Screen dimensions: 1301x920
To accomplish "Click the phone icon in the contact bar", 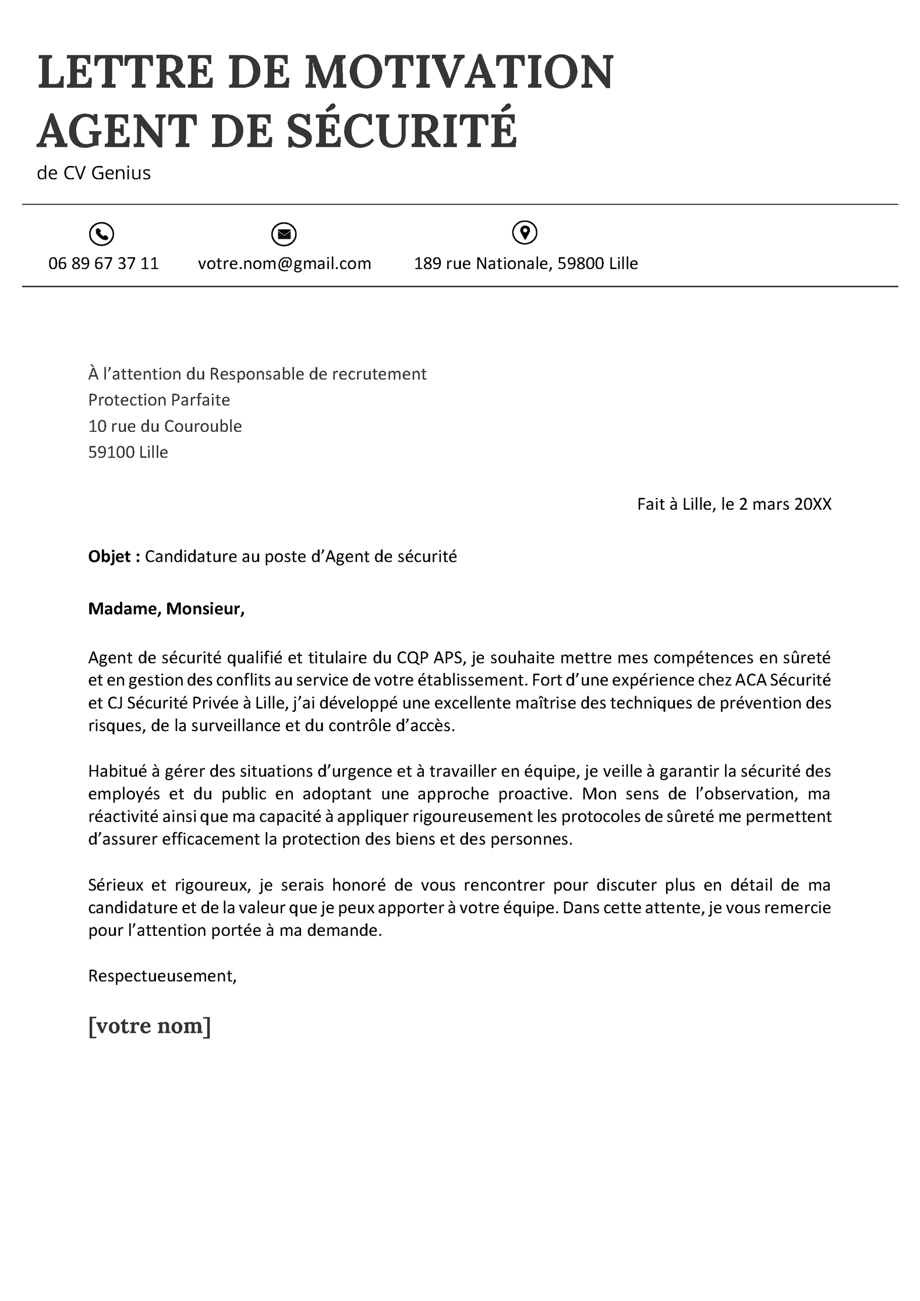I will (101, 234).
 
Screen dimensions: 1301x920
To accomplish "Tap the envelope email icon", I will (284, 234).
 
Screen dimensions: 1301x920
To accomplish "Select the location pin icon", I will (525, 233).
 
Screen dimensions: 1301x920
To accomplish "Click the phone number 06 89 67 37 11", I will (104, 264).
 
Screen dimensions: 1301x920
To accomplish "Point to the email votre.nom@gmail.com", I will (284, 264).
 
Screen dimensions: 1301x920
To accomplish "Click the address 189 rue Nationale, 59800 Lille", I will (526, 264).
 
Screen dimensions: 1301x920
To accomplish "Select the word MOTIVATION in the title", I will (459, 73).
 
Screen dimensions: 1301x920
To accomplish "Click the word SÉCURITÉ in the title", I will (402, 130).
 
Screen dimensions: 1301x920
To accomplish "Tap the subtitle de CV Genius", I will (94, 173).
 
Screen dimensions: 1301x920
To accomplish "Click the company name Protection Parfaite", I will (159, 400).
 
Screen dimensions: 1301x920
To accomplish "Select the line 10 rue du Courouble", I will (165, 426).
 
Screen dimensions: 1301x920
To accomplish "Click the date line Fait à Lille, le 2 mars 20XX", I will (734, 504).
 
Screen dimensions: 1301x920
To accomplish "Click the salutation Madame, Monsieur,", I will (167, 609).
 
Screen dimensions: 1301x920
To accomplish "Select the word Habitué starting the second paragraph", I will (117, 771).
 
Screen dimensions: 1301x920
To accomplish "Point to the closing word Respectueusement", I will (161, 976).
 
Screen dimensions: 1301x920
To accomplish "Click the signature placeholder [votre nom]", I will (150, 1026).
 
